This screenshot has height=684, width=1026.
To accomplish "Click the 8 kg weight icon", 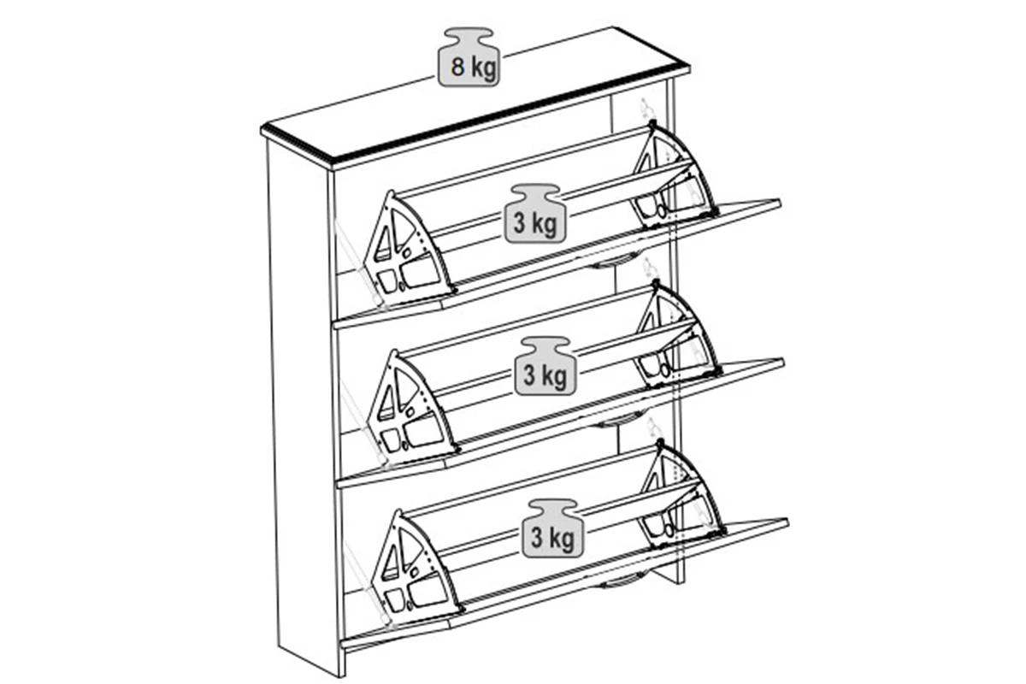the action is click(x=469, y=56).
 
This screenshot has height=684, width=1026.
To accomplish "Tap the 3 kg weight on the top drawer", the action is click(x=535, y=214).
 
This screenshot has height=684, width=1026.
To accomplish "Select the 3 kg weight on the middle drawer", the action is click(x=545, y=366).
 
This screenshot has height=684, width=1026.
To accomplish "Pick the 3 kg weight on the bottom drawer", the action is click(x=553, y=528).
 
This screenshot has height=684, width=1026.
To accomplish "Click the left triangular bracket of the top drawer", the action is click(x=408, y=248).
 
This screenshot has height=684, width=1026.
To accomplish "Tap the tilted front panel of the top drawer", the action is click(x=557, y=264).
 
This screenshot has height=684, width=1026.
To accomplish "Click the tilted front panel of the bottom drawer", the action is click(x=564, y=584).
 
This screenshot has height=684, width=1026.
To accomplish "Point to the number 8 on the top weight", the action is click(x=457, y=67).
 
